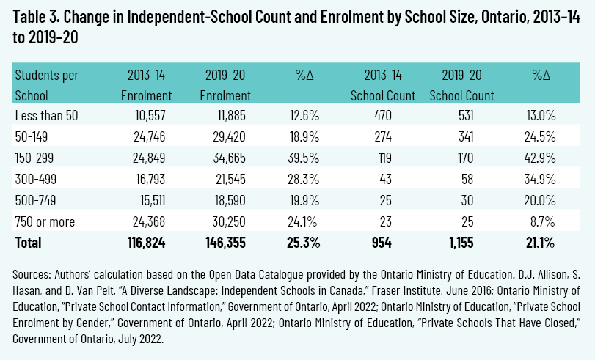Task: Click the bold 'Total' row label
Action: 28,242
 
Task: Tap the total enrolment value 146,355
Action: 225,242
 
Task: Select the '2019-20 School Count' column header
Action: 461,85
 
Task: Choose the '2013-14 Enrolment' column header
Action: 147,85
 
